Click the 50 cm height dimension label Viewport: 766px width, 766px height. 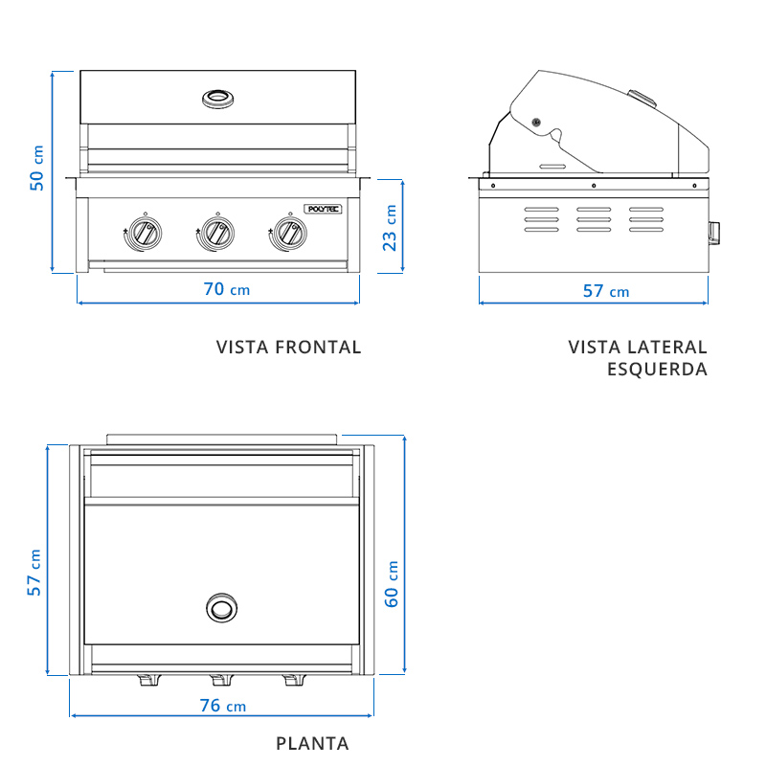tap(36, 169)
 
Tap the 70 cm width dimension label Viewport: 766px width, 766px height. tap(227, 289)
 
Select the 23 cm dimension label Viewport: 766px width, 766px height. tap(390, 228)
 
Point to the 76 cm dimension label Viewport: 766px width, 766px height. tap(223, 706)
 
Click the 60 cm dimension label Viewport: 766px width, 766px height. tap(391, 584)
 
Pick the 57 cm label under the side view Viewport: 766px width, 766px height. tap(606, 291)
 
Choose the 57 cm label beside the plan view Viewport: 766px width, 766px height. tap(34, 573)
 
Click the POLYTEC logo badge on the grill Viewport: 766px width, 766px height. tap(323, 209)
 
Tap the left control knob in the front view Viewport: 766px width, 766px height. tap(146, 233)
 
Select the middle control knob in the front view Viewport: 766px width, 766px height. tap(218, 233)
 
